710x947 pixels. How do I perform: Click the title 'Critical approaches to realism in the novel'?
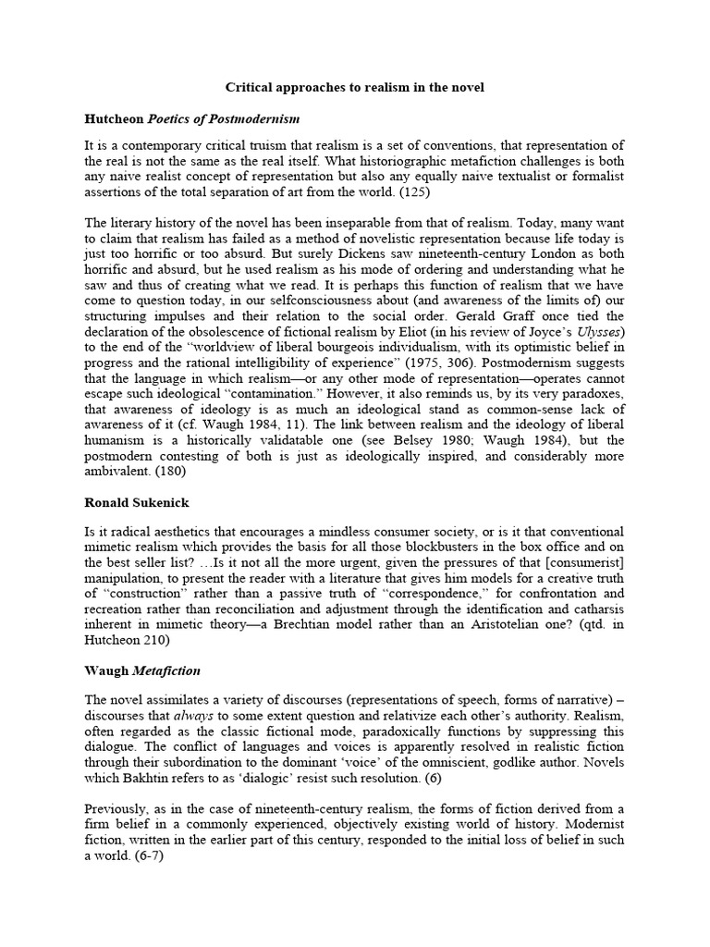(355, 88)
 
